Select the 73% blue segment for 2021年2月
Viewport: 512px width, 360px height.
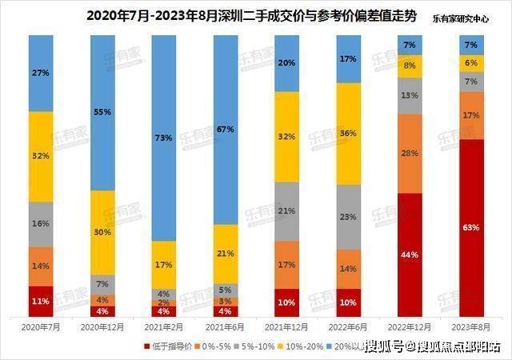163,138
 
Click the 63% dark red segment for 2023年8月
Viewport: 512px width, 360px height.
470,228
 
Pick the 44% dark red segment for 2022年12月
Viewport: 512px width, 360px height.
409,254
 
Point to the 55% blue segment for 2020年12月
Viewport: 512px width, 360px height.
102,113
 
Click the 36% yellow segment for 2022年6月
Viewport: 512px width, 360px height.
347,133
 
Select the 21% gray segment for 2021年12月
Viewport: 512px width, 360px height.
286,211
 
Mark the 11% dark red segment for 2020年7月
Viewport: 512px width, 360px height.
40,301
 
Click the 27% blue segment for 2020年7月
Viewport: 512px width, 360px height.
40,73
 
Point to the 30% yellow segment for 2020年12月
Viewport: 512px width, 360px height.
102,232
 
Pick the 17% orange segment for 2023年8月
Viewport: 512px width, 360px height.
470,115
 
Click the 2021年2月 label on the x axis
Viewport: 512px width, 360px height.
163,327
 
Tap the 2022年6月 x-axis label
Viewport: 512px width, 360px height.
347,327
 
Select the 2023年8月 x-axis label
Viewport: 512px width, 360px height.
470,327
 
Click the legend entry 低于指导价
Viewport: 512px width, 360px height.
167,346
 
